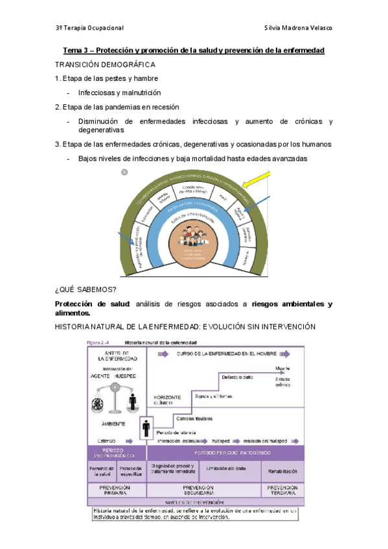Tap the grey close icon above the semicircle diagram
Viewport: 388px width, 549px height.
coord(124,172)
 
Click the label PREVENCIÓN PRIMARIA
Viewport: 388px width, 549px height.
coord(115,490)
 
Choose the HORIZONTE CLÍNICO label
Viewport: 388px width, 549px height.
coord(167,399)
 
